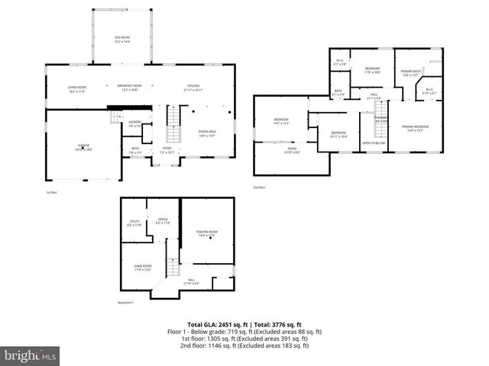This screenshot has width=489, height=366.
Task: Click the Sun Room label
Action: tap(122, 39)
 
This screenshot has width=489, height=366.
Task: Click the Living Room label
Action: tap(76, 89)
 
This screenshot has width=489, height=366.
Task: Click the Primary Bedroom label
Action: tap(415, 127)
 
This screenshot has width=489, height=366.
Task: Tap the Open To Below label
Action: tap(373, 143)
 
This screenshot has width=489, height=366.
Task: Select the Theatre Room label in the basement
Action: tap(208, 234)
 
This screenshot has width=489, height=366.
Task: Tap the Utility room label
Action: tap(134, 223)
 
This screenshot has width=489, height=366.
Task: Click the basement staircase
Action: tap(173, 268)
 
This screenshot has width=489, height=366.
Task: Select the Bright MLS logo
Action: tap(31, 355)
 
